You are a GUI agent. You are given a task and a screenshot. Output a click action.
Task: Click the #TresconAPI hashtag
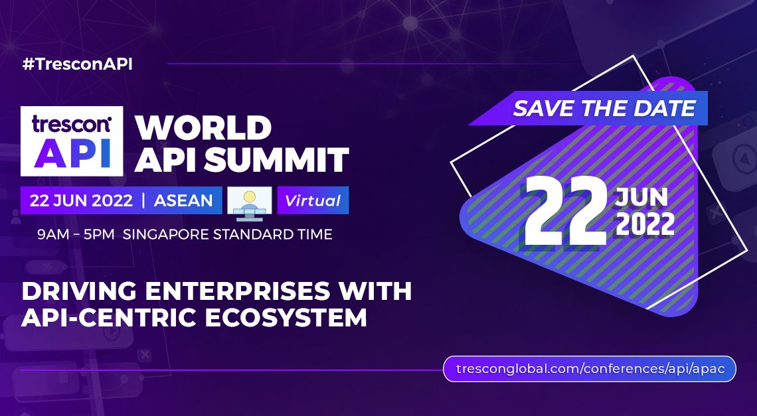click(77, 64)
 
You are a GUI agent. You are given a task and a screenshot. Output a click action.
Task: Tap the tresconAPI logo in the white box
click(72, 141)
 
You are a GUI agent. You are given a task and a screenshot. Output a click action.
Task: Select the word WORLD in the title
click(203, 128)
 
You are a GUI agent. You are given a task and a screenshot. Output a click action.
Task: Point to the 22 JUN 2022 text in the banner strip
click(81, 200)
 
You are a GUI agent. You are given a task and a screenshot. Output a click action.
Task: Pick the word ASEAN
click(183, 200)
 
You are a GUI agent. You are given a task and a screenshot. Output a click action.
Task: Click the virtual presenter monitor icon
click(250, 203)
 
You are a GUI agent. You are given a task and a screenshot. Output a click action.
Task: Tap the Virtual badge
click(313, 200)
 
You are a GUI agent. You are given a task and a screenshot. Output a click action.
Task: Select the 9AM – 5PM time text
click(76, 235)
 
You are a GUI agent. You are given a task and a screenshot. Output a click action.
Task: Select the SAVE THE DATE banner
click(588, 108)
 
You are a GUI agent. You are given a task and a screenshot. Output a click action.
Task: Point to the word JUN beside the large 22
click(641, 197)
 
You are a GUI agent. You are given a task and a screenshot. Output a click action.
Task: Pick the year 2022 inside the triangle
click(645, 224)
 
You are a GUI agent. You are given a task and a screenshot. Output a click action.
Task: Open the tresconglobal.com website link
click(590, 369)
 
